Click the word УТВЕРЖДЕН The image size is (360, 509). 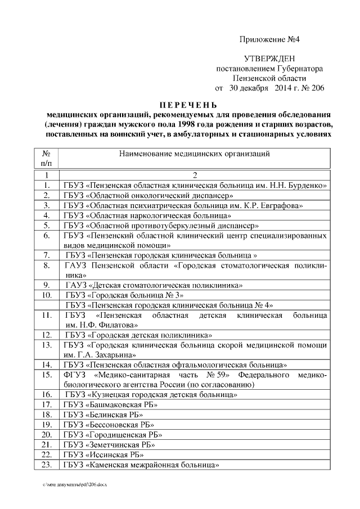pos(269,59)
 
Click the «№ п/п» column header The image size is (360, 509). pos(47,158)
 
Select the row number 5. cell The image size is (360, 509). pos(47,225)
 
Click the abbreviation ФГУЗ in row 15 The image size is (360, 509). pos(75,375)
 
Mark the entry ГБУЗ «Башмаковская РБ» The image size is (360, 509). pos(110,404)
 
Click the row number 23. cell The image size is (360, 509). pos(47,465)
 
